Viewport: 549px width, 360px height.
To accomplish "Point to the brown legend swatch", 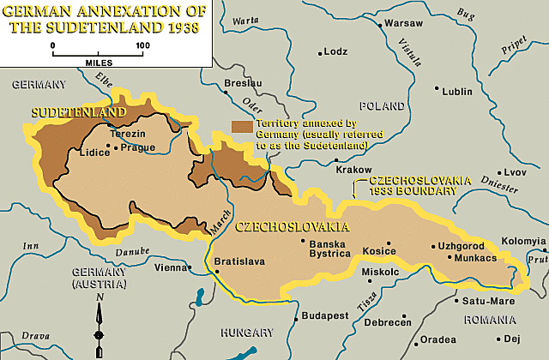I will click(x=242, y=126).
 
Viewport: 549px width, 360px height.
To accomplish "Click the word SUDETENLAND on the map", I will click(x=78, y=112).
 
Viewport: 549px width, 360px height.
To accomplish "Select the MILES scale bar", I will click(x=98, y=54).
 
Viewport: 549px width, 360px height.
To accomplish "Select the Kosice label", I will click(x=378, y=252).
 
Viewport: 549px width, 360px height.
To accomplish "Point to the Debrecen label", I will click(x=388, y=322).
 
